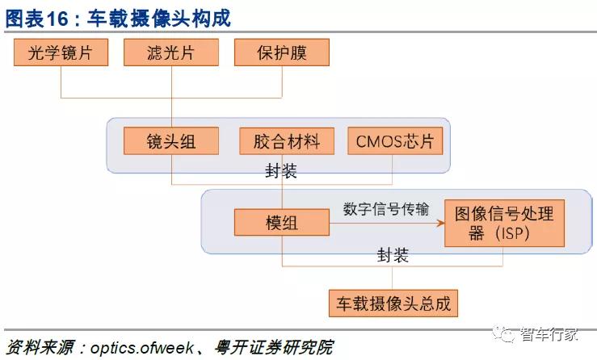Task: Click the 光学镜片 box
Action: coord(61,52)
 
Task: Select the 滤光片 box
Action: coord(171,52)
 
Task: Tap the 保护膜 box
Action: coord(282,52)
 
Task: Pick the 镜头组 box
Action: coord(171,141)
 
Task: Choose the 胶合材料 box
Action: coord(287,141)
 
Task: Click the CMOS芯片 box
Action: coord(395,141)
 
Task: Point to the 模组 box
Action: coord(282,222)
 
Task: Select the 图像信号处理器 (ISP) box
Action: coord(504,223)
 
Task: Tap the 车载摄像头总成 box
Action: coord(393,303)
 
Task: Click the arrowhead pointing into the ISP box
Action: coord(441,223)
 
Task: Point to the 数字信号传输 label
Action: coord(386,209)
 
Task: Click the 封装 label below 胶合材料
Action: coord(281,171)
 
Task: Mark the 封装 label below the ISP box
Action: coord(393,255)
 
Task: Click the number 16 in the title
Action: coord(57,19)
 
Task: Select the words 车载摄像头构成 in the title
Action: coord(159,19)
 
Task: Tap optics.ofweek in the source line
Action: coord(141,347)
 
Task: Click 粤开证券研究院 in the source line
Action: coord(273,347)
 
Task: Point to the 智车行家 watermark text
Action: coord(549,334)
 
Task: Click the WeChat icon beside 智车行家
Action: coord(504,333)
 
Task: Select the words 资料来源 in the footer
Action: coord(40,347)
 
